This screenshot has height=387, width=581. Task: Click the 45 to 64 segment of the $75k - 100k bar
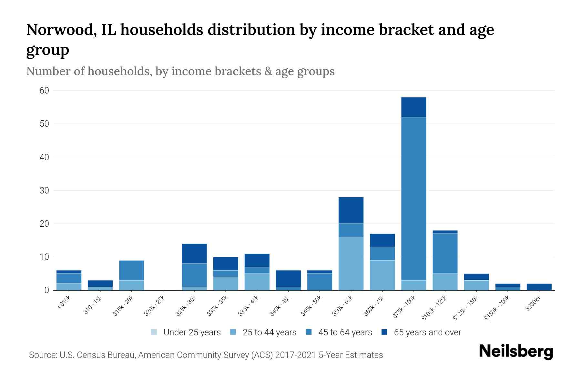point(413,198)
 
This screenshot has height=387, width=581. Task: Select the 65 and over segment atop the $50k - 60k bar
point(351,210)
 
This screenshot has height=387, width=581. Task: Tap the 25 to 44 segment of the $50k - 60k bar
point(351,263)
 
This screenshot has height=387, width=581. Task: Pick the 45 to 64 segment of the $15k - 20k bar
point(131,270)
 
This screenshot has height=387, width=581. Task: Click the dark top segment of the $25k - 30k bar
point(194,253)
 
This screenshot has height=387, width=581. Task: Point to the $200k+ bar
point(539,287)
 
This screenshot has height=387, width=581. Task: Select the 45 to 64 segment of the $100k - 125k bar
point(445,253)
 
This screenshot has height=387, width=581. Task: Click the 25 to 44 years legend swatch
point(233,332)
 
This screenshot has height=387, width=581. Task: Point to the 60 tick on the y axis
point(45,91)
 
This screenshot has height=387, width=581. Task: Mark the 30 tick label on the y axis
point(45,191)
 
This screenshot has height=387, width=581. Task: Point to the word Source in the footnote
point(42,355)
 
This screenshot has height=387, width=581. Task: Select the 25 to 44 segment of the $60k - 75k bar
point(382,275)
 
